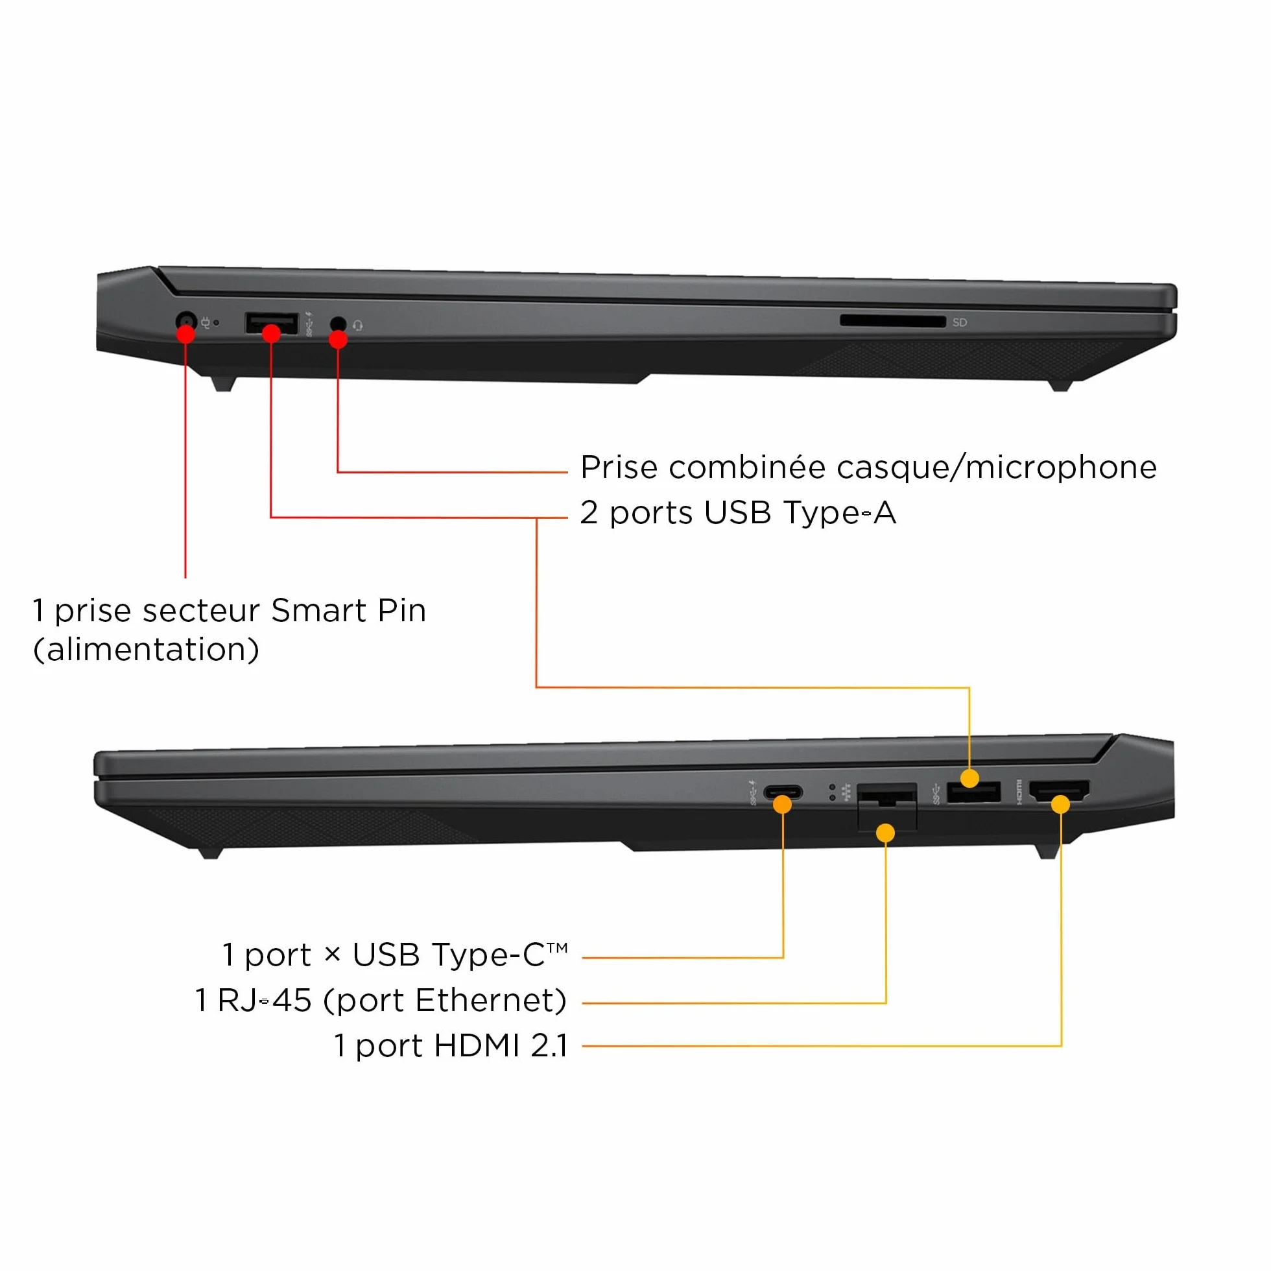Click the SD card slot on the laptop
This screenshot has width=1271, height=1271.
click(893, 321)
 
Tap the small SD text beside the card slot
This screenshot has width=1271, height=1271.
click(960, 322)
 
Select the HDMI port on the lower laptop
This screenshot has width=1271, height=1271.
click(1059, 790)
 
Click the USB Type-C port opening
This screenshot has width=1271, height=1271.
click(783, 791)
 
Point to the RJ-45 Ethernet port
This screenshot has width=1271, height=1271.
click(887, 806)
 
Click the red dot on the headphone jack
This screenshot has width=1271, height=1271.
click(338, 339)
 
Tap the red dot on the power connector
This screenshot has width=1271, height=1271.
click(186, 333)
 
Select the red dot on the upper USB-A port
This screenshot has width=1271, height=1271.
click(271, 333)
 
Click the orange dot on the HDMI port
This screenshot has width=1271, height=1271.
click(1060, 804)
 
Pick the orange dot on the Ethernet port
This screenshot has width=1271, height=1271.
click(886, 833)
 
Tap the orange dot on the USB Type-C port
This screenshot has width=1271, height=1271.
click(782, 804)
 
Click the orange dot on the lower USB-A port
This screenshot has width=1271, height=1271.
click(969, 778)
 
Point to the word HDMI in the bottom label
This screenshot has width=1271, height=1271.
click(478, 1045)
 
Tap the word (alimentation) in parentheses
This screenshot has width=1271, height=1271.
click(146, 650)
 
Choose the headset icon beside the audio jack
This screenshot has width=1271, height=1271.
click(357, 326)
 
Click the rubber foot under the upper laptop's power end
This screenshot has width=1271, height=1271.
click(223, 384)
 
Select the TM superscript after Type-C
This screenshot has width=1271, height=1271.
click(556, 948)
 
